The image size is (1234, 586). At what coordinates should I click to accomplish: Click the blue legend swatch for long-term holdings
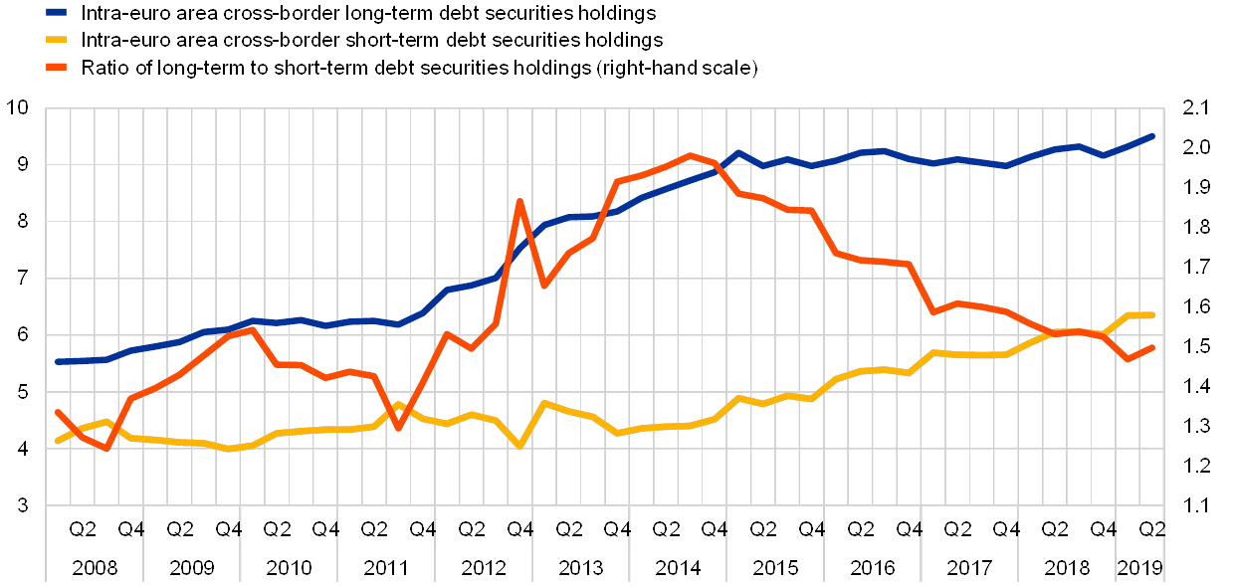56,13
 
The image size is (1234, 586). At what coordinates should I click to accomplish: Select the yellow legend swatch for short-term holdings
56,41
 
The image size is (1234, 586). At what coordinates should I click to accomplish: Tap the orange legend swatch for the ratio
56,68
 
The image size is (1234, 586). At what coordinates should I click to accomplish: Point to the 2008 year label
94,568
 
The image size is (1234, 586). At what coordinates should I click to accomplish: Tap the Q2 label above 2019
1152,528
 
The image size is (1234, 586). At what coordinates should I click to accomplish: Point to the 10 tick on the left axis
22,107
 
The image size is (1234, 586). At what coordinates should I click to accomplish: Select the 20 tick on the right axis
1196,147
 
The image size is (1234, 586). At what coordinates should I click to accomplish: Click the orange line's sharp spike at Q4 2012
519,201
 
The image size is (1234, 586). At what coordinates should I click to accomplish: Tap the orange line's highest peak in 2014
691,155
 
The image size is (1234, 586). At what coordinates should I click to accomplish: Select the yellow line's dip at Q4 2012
519,446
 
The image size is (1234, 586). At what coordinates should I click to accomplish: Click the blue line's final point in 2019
1152,135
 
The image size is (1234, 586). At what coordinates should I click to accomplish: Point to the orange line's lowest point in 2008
105,449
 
